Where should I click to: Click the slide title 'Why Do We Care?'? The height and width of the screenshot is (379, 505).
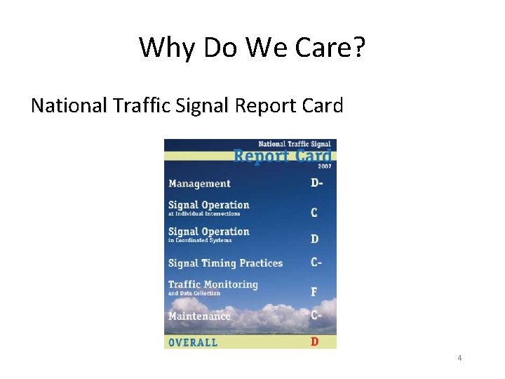pyautogui.click(x=252, y=48)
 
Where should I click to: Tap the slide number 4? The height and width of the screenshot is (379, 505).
pyautogui.click(x=459, y=358)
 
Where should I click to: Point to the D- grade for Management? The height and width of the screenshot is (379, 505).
pyautogui.click(x=317, y=183)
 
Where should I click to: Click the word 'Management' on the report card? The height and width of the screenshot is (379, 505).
pyautogui.click(x=199, y=184)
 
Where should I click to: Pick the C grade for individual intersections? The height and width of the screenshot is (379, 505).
pyautogui.click(x=315, y=212)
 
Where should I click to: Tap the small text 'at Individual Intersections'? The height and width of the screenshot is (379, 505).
pyautogui.click(x=203, y=214)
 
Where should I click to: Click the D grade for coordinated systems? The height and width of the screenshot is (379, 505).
pyautogui.click(x=315, y=239)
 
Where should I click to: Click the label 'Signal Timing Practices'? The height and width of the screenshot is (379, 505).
pyautogui.click(x=225, y=263)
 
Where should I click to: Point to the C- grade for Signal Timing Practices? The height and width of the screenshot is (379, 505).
pyautogui.click(x=317, y=262)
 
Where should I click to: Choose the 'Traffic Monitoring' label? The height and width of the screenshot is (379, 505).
pyautogui.click(x=213, y=284)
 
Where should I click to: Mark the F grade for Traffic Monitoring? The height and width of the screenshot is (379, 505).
pyautogui.click(x=315, y=291)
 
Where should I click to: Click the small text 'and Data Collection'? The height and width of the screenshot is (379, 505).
pyautogui.click(x=194, y=293)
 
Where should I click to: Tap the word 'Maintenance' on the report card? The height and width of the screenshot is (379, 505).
pyautogui.click(x=199, y=316)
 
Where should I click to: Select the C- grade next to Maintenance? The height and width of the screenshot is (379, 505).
pyautogui.click(x=317, y=315)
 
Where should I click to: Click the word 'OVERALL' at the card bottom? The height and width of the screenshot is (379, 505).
pyautogui.click(x=193, y=343)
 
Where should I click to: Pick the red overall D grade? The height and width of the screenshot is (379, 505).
pyautogui.click(x=315, y=342)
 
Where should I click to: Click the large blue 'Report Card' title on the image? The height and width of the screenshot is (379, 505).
pyautogui.click(x=282, y=155)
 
